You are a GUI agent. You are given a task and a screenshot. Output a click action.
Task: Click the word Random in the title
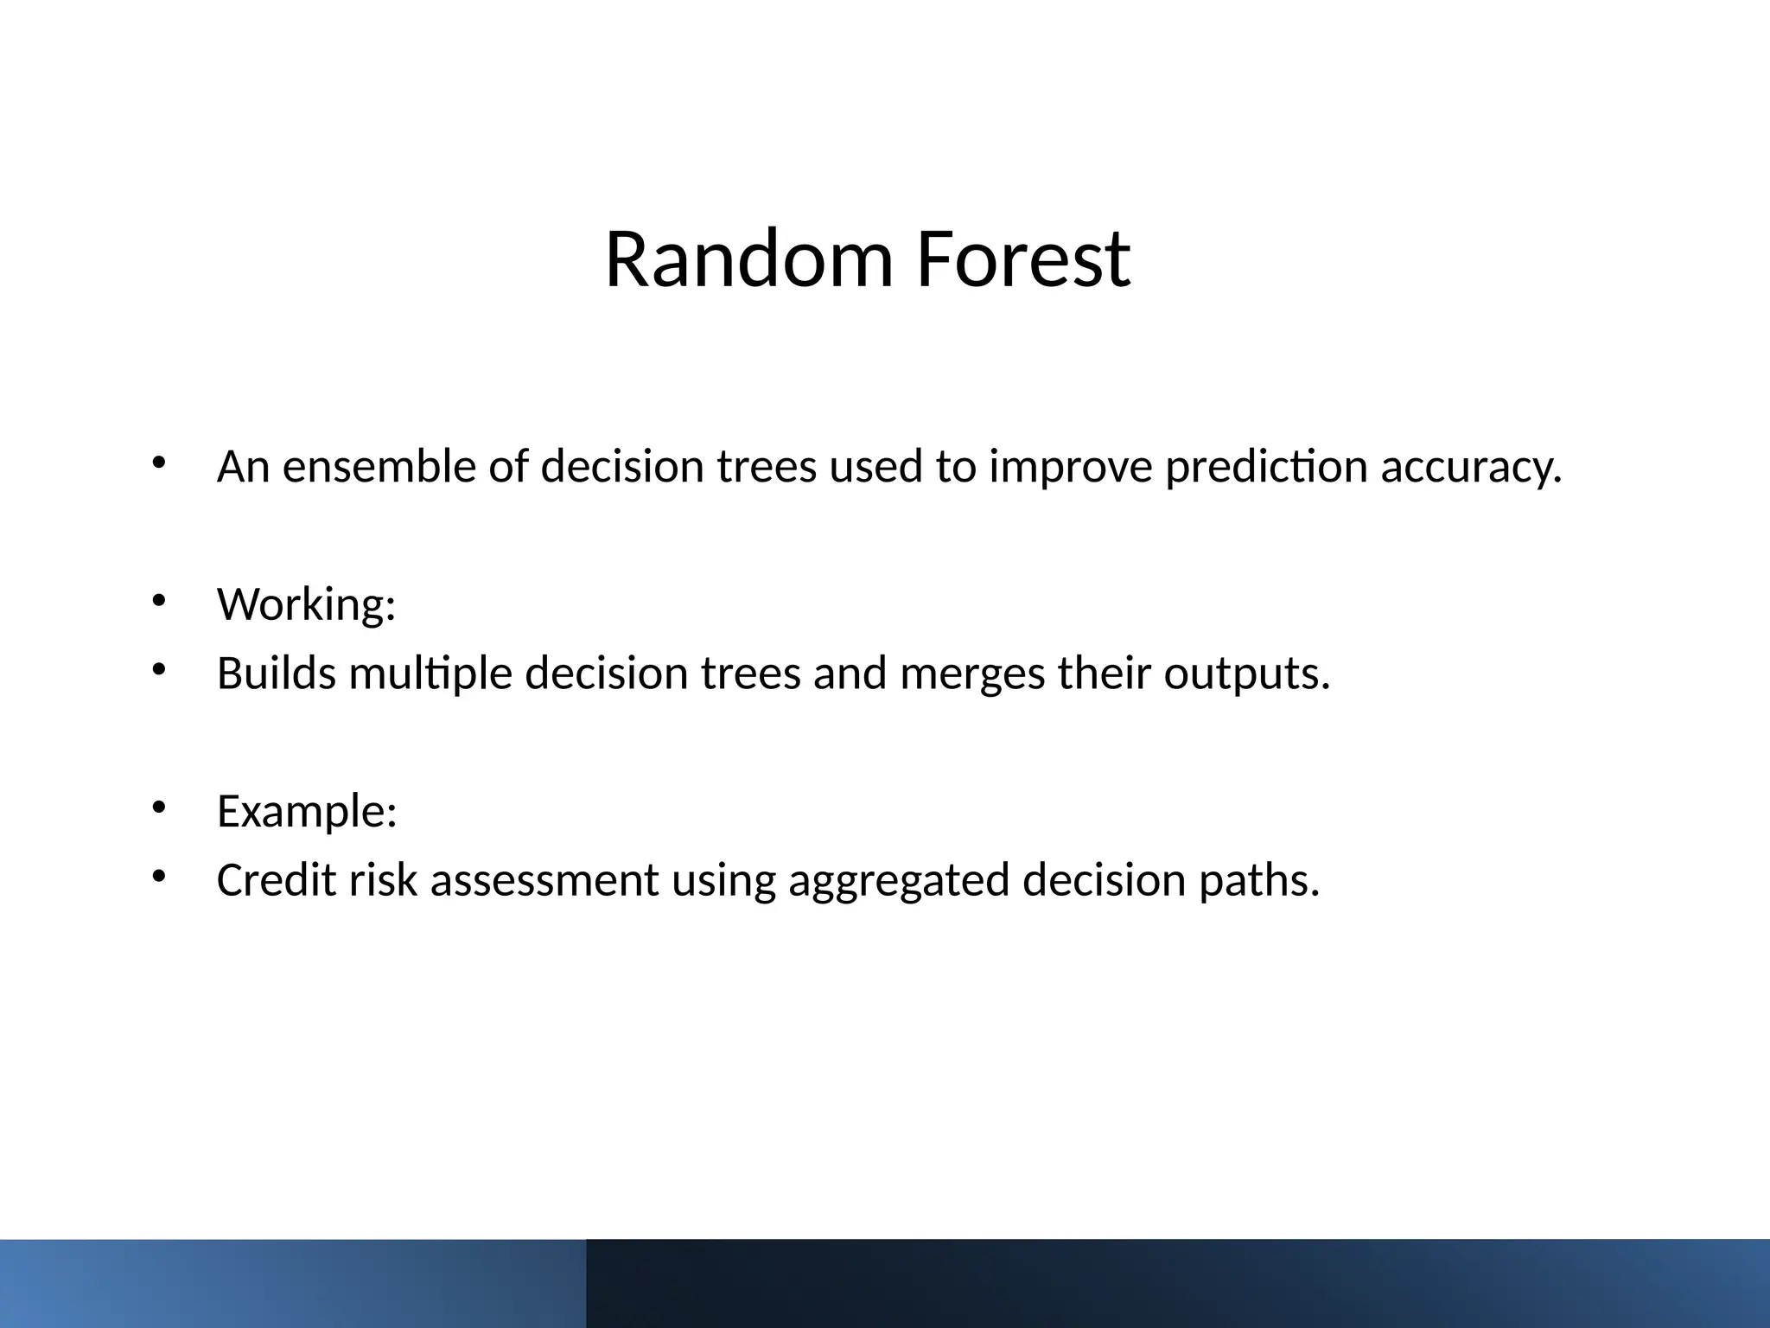[x=748, y=259]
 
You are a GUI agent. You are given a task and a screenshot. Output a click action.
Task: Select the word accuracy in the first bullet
[x=1471, y=467]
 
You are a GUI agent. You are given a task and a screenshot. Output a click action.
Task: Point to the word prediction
[x=1266, y=467]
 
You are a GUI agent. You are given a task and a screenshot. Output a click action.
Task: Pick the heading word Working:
[x=306, y=603]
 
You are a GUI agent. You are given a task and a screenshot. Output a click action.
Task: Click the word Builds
[x=276, y=673]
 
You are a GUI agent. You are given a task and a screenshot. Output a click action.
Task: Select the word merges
[x=972, y=673]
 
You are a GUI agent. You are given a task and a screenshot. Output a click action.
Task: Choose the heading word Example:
[x=307, y=811]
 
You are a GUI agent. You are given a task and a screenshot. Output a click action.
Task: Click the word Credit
[x=276, y=880]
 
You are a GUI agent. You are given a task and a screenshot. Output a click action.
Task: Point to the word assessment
[x=544, y=880]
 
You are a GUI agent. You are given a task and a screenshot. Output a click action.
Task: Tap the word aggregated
[x=899, y=880]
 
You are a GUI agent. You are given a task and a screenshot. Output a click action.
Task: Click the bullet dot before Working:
[x=158, y=600]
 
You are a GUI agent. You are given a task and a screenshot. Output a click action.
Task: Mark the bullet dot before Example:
[x=158, y=808]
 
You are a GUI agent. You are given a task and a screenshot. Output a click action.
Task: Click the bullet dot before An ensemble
[x=158, y=463]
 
